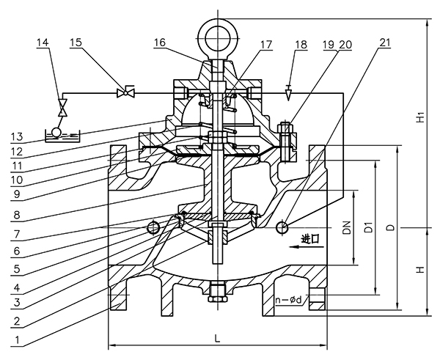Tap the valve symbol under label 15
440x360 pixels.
pyautogui.click(x=126, y=92)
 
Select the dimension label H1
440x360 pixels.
pyautogui.click(x=420, y=117)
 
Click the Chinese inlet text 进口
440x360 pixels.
pyautogui.click(x=310, y=239)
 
